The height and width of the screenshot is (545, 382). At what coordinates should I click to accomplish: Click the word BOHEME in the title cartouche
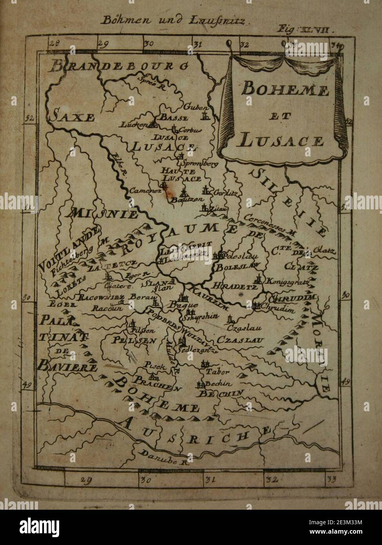pyautogui.click(x=284, y=91)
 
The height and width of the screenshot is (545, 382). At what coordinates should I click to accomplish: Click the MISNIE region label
pyautogui.click(x=104, y=214)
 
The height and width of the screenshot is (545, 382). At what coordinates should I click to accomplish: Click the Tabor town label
pyautogui.click(x=218, y=371)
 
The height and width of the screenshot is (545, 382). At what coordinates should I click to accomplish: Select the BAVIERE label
pyautogui.click(x=68, y=366)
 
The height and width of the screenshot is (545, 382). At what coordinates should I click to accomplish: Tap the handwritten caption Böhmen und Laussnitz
pyautogui.click(x=172, y=21)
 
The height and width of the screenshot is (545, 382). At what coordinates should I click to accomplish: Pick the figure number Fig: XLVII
pyautogui.click(x=304, y=29)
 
